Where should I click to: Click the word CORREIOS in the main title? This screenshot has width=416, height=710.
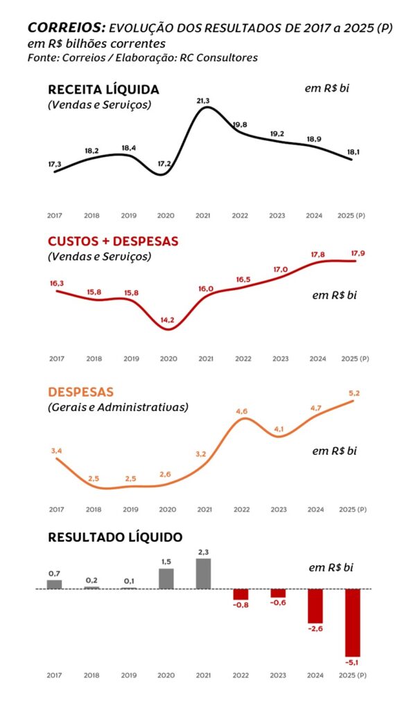(x=66, y=28)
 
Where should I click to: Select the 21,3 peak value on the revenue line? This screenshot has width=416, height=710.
(x=203, y=101)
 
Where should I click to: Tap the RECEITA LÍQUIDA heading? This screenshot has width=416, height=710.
(x=103, y=89)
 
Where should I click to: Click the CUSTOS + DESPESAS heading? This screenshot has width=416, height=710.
(x=113, y=241)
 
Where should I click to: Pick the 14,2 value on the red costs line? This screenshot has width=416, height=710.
(x=167, y=320)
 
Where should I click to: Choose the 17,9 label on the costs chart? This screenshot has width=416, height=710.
(x=358, y=253)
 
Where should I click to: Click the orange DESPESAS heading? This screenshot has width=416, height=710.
(x=81, y=392)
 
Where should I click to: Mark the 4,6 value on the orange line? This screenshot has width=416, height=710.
(x=242, y=411)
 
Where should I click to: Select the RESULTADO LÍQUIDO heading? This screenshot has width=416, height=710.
(x=115, y=537)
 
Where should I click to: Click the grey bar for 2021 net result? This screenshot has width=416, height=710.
(x=204, y=573)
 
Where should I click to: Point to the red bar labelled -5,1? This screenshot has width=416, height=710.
(x=353, y=622)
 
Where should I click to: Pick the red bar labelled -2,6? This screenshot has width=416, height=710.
(x=316, y=606)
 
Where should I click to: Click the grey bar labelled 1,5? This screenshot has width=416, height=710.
(x=166, y=579)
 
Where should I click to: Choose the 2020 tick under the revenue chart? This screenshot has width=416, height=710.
(x=166, y=216)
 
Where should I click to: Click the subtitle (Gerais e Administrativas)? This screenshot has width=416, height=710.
(x=118, y=408)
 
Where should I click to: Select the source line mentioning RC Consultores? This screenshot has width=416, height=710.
(x=142, y=58)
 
